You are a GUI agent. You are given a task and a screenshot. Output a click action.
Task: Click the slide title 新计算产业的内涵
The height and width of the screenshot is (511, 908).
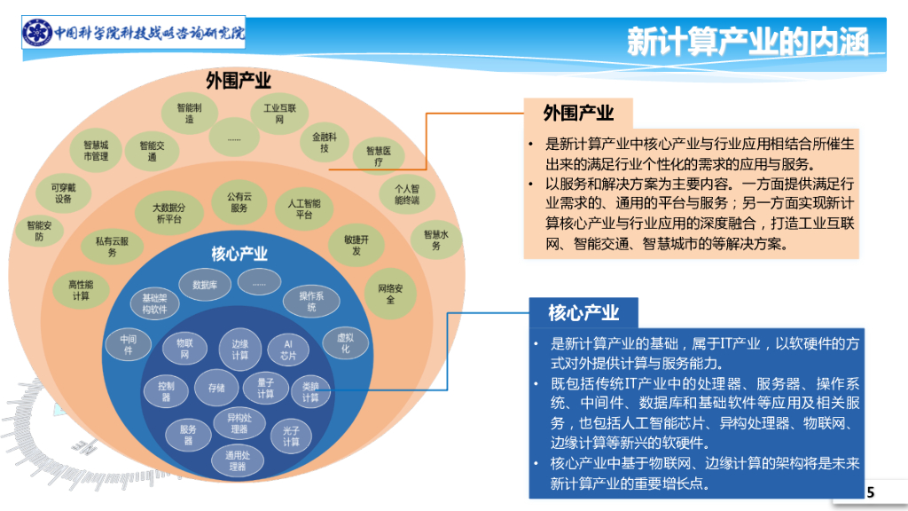pos(748,41)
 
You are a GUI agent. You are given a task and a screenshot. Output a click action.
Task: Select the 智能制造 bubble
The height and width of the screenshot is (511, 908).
pos(189,113)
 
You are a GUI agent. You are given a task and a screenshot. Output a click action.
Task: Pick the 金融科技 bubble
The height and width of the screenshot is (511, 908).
pos(325,142)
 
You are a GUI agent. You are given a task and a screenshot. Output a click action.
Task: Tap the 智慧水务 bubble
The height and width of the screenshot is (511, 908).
pos(436,240)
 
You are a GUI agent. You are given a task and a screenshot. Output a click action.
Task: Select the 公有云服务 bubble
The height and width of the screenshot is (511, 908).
pos(239,202)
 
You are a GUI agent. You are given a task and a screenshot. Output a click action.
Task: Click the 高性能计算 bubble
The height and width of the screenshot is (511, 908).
pos(81,290)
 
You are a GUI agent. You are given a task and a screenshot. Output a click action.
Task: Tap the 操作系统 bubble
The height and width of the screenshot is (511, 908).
pos(311,302)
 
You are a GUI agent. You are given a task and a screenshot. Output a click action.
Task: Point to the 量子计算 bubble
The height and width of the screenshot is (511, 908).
pos(265,388)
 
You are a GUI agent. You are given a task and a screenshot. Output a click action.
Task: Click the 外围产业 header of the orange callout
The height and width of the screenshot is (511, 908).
pos(578,113)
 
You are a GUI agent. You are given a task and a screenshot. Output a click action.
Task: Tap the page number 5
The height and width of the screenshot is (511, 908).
pos(870,492)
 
